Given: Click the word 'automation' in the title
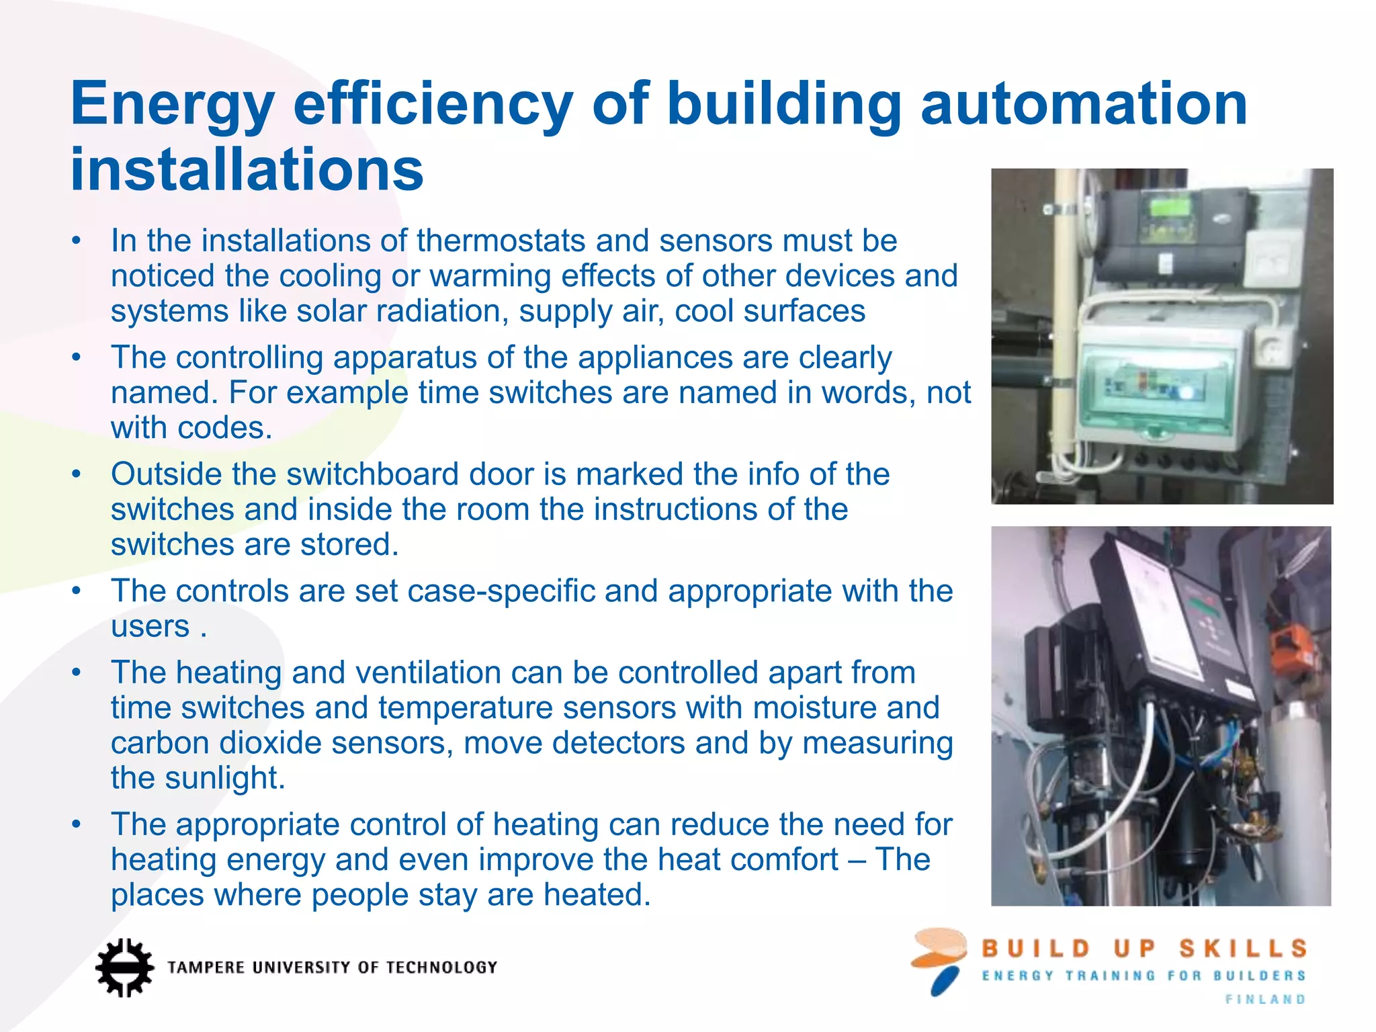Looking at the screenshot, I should click(1084, 104).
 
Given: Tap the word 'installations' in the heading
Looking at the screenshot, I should click(247, 169).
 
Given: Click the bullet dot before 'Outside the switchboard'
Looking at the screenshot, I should click(77, 474).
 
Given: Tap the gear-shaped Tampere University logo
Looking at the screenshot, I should click(124, 967).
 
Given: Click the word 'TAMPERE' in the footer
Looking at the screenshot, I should click(206, 967).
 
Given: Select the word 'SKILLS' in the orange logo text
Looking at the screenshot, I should click(1243, 949).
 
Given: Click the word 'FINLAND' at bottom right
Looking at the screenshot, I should click(1265, 1000).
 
